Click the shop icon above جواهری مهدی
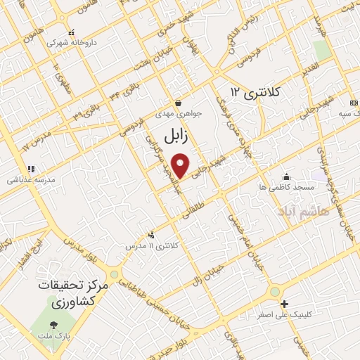click(178, 103)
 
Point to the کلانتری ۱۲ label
click(255, 92)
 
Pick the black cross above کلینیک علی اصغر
click(284, 304)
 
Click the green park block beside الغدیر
click(322, 51)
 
